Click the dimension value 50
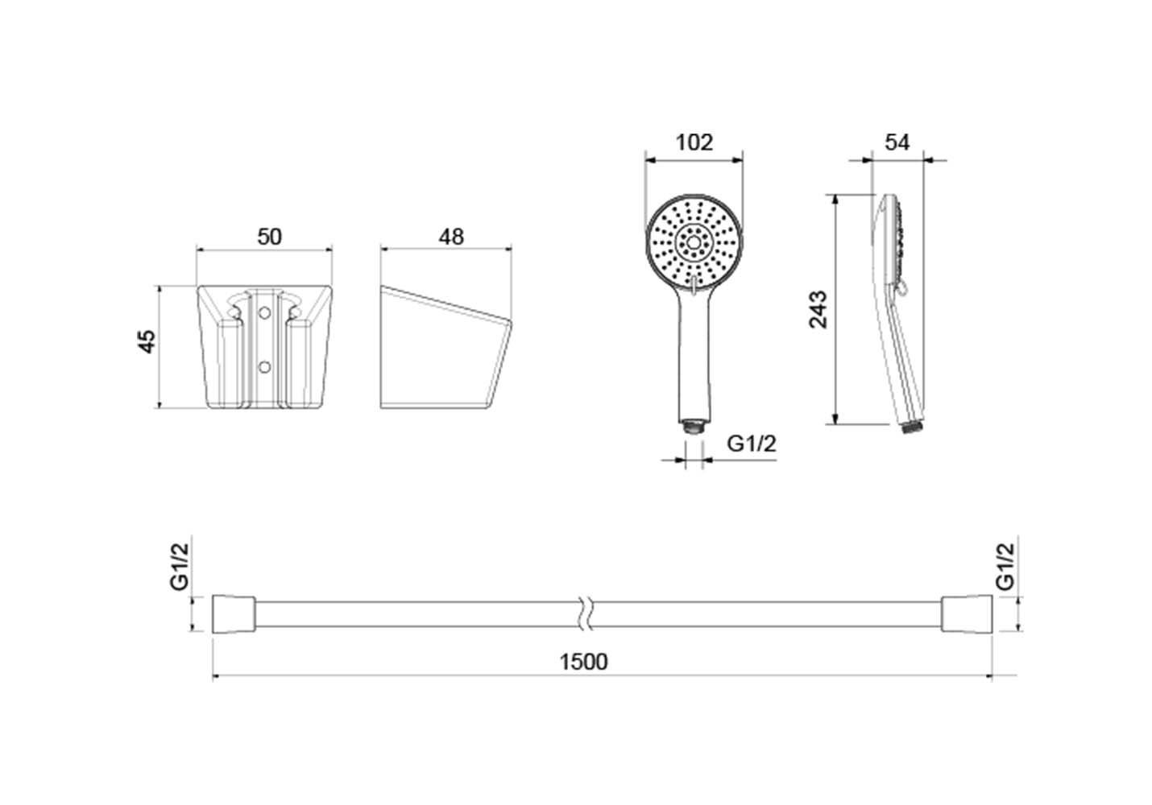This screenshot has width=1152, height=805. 270,237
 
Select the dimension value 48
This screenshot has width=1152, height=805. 451,237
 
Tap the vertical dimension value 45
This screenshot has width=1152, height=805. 147,341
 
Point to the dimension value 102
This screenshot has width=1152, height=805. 694,142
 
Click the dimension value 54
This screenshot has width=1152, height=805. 897,142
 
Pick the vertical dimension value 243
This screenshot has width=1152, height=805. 818,309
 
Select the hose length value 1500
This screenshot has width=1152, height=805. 583,662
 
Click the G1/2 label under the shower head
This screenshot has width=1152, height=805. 752,443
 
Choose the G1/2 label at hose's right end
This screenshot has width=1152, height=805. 1005,567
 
